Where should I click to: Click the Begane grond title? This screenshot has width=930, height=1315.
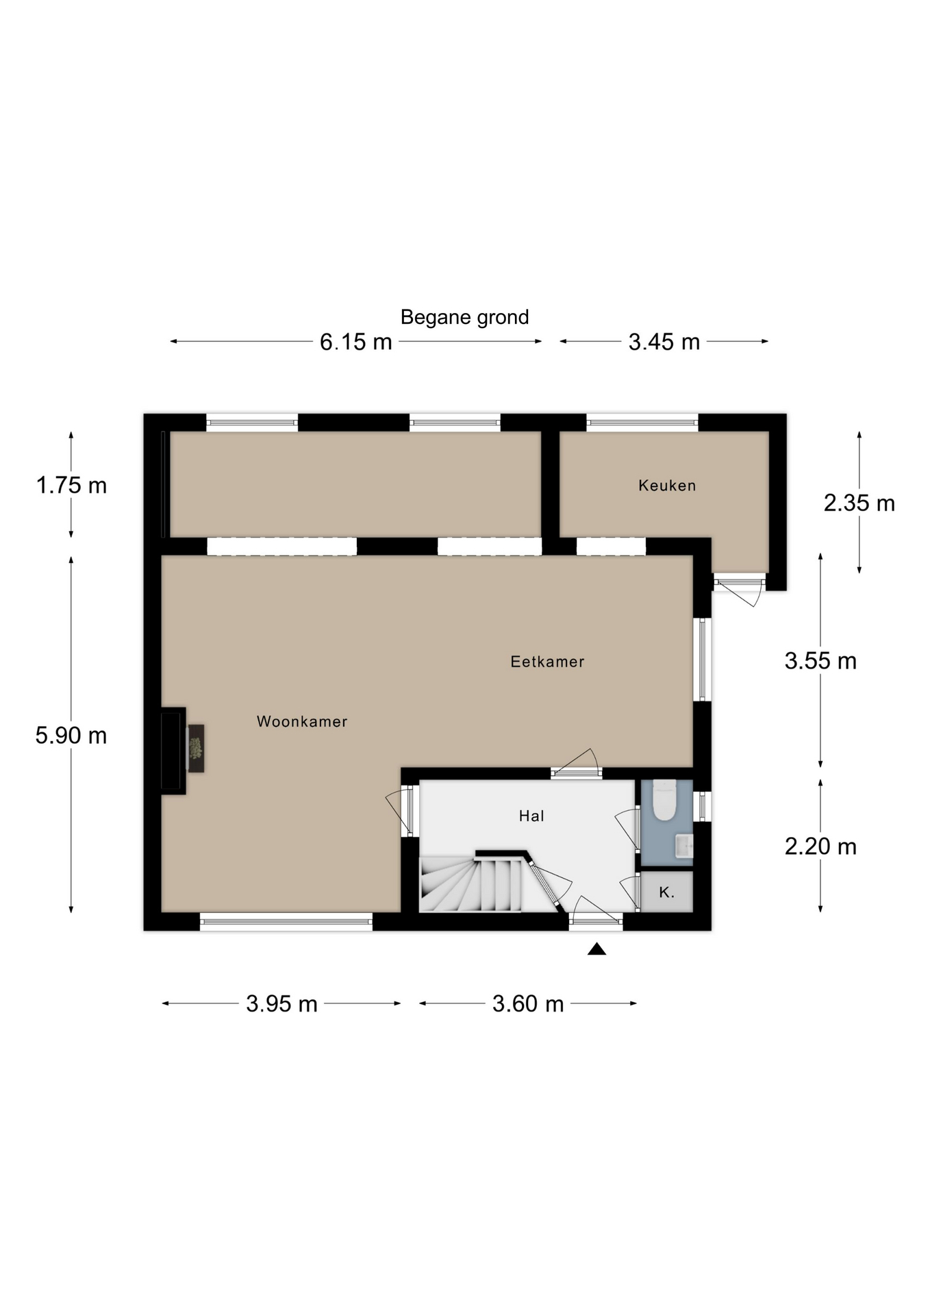464,318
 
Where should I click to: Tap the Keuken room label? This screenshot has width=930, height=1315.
667,486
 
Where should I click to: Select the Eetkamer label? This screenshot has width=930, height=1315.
547,662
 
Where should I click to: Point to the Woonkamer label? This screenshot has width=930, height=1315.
302,721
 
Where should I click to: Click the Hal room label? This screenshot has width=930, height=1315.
531,816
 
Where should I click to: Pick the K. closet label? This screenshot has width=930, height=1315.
666,892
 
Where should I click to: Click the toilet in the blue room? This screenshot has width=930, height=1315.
664,800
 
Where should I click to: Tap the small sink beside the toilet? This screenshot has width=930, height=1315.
684,846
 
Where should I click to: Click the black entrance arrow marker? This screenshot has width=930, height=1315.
596,949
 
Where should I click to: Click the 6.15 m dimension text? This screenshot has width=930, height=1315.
356,342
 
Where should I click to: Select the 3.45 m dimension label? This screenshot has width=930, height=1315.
664,342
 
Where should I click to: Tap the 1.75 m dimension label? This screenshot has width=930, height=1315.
71,486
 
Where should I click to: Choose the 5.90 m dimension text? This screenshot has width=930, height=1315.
71,736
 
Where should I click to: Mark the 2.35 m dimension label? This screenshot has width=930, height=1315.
859,503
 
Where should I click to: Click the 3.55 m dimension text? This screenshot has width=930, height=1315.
820,661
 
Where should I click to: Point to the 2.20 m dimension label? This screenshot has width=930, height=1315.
820,847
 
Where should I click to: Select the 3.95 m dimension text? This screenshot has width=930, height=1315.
281,1004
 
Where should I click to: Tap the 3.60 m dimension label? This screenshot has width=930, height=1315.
528,1004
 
